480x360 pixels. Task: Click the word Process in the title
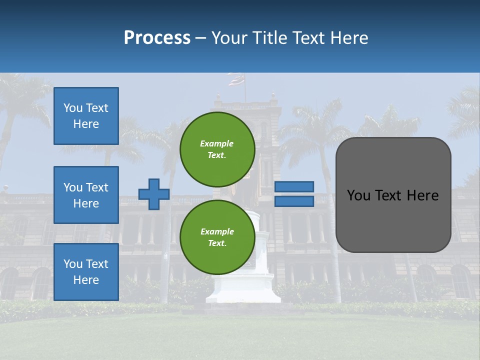(157, 38)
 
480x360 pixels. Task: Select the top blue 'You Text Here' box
(86, 116)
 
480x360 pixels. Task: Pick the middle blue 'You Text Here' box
(86, 195)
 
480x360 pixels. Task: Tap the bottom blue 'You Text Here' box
(86, 272)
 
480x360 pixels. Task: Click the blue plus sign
(153, 194)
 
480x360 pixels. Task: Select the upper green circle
(217, 149)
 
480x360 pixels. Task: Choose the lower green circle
(217, 237)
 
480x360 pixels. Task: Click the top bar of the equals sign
(294, 186)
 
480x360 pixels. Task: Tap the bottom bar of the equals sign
(294, 201)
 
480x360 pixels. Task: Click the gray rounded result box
(393, 195)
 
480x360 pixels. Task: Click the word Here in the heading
(348, 38)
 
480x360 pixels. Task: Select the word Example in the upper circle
(217, 143)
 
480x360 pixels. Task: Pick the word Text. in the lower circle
(217, 243)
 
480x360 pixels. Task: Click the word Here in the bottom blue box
(86, 280)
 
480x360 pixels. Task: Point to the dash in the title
(200, 38)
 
